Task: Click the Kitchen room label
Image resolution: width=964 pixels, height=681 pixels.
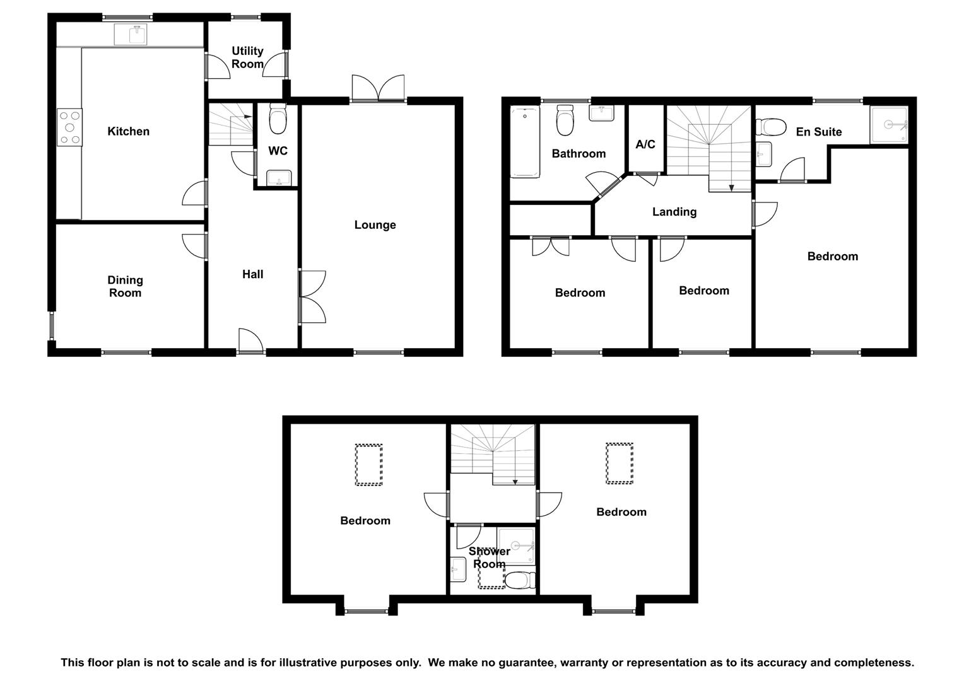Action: coord(128,131)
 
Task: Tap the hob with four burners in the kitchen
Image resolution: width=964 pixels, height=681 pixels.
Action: coord(69,127)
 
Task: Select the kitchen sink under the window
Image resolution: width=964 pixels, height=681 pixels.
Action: coord(131,34)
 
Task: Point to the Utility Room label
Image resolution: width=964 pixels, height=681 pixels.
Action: coord(247,57)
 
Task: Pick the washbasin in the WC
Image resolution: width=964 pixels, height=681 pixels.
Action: coord(279,178)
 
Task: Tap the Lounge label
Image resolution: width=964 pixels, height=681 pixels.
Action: coord(375,224)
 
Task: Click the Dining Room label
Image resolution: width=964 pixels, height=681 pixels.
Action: coord(125,286)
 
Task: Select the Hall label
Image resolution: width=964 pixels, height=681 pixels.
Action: coord(252,274)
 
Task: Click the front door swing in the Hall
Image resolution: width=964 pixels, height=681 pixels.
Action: coord(250,340)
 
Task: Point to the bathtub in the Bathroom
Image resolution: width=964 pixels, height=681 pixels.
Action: coord(525,142)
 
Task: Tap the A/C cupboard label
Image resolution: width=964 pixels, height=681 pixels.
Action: coord(645,144)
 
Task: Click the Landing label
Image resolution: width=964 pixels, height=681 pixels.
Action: coord(674,212)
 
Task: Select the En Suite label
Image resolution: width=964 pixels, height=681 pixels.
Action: coord(818,132)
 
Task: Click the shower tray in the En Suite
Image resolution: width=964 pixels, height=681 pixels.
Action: coord(889,125)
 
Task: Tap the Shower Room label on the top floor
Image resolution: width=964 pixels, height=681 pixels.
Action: coord(490,557)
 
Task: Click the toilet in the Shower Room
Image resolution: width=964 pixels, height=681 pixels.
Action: coord(520,580)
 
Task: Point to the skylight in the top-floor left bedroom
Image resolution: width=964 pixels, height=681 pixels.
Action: coord(368,465)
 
